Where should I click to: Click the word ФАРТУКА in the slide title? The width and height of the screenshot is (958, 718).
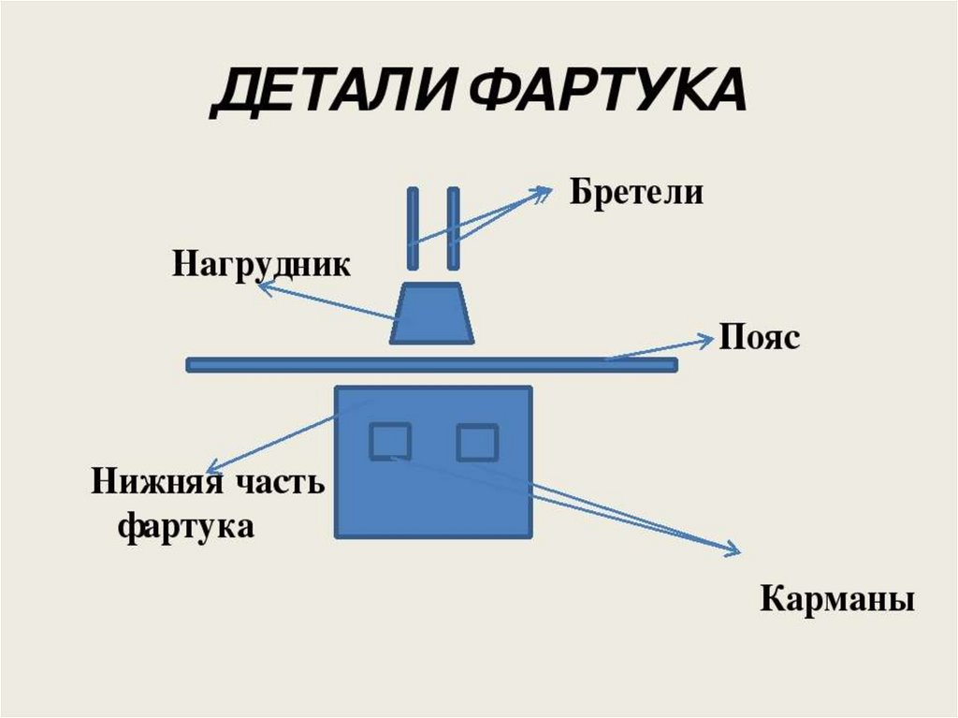tap(606, 92)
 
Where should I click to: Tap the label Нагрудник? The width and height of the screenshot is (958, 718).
tap(261, 264)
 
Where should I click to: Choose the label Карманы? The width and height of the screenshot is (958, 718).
tap(836, 598)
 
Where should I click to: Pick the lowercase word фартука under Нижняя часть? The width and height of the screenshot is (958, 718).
tap(186, 526)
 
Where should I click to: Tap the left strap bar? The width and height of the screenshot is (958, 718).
tap(413, 228)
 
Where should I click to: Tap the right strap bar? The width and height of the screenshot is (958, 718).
tap(453, 228)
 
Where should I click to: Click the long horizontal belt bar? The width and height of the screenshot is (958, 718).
tap(431, 365)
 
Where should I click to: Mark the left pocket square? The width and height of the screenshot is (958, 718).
tap(390, 441)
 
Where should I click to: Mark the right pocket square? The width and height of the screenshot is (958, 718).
tap(477, 441)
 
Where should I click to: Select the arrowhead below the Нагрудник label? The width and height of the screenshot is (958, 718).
tap(263, 289)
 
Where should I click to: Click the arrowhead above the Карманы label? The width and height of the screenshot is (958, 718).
tap(733, 550)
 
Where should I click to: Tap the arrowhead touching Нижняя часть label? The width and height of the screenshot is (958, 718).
tap(212, 468)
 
